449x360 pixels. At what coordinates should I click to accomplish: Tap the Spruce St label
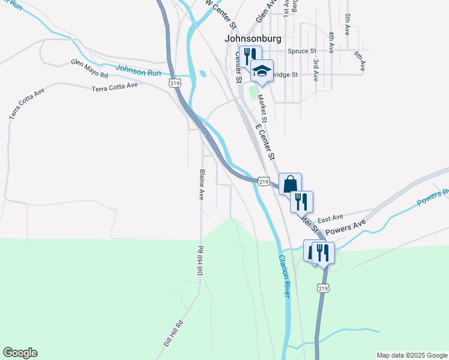point(302,52)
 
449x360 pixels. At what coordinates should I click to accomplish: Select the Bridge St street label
point(286,74)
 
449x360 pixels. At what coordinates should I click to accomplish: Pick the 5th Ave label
point(348,25)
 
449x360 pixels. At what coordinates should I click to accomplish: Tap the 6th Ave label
point(359,62)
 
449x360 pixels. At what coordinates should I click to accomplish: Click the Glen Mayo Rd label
point(89,68)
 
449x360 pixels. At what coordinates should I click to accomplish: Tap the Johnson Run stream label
point(139,70)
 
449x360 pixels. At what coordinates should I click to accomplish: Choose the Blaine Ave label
point(202,185)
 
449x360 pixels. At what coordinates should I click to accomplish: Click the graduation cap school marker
point(261,71)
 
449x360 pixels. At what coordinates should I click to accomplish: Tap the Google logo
point(20,353)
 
